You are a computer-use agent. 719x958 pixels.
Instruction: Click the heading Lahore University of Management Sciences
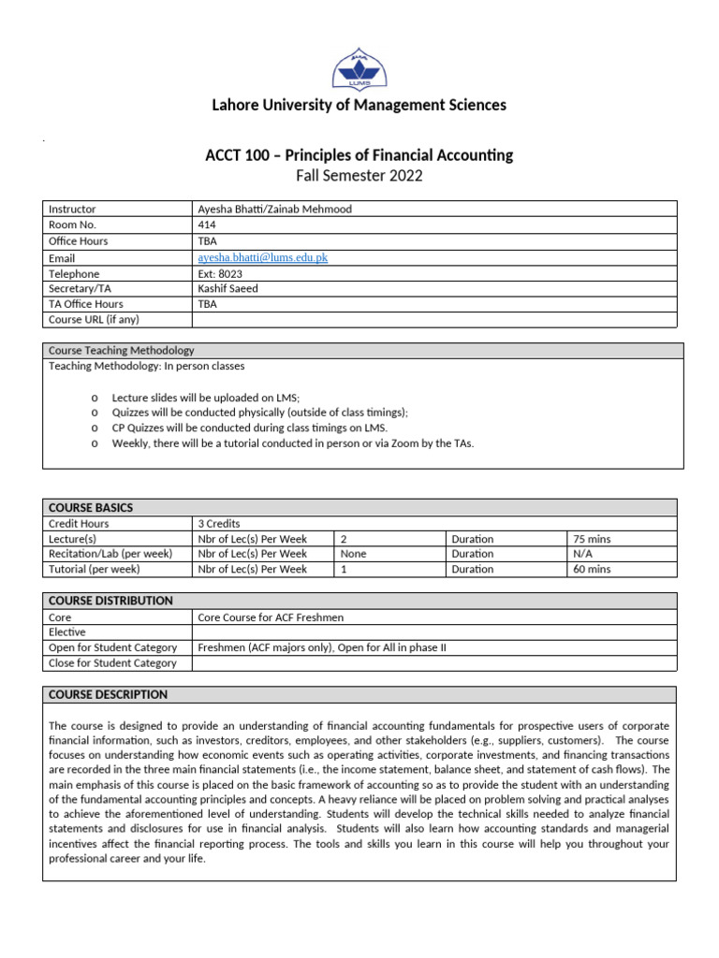tap(359, 105)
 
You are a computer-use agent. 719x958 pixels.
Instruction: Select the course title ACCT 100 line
tap(359, 155)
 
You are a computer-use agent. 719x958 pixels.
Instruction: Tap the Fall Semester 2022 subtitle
tap(359, 176)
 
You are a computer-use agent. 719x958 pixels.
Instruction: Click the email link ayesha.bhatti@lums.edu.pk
tap(262, 257)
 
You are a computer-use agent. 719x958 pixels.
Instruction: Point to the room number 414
tap(207, 225)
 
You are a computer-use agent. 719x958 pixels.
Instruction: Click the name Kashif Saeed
tap(227, 288)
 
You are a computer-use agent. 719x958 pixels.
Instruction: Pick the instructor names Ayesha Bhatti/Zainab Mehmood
tap(274, 210)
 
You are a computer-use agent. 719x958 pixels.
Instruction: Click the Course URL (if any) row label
tap(94, 319)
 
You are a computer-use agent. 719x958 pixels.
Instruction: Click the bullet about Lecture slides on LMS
tap(205, 398)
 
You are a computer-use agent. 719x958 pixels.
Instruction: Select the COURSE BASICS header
tap(91, 507)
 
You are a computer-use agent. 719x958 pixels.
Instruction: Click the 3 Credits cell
tap(220, 523)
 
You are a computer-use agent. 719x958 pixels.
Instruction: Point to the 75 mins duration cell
tap(593, 539)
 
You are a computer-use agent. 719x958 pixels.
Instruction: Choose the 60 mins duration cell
tap(593, 569)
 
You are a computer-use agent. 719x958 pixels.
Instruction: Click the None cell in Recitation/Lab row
tap(354, 554)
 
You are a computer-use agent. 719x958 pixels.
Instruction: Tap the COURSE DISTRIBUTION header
tap(110, 601)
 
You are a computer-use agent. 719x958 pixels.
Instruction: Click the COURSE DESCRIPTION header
tap(108, 694)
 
